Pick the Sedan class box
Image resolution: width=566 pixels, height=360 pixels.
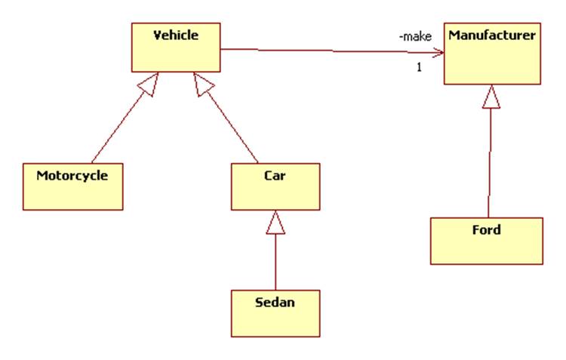(275, 312)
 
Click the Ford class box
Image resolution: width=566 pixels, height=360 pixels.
(486, 241)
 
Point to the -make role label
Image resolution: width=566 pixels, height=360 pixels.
(415, 36)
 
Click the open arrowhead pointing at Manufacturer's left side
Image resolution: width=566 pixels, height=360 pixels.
(437, 54)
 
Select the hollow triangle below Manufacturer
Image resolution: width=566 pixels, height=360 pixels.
(491, 96)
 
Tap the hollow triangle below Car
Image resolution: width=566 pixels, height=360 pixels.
(275, 222)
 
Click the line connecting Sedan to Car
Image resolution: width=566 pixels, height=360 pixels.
(275, 260)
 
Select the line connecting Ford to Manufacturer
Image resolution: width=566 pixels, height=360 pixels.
(490, 162)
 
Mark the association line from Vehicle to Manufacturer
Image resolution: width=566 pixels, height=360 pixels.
(325, 51)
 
